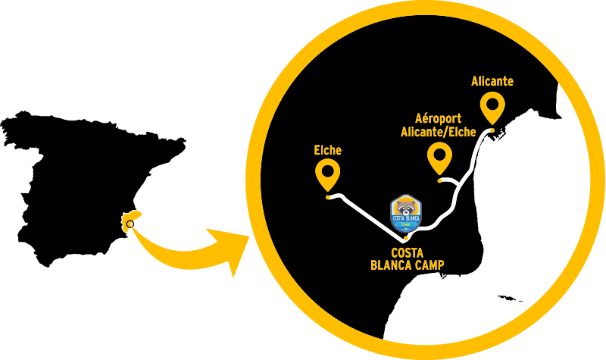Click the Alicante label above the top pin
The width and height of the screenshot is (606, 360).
point(492,81)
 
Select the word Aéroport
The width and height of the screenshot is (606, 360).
point(439,119)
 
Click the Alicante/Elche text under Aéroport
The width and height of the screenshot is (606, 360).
point(438,132)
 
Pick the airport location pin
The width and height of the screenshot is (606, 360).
point(439,157)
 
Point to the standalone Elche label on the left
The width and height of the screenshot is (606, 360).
point(328,150)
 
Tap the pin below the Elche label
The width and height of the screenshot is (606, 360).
point(328,174)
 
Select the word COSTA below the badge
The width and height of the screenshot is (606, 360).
point(406,252)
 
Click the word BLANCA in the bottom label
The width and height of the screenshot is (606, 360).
point(390,265)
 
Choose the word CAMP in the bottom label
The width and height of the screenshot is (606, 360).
point(428,265)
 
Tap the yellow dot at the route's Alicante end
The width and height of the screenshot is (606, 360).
point(492,131)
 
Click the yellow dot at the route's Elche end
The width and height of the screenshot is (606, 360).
point(327,197)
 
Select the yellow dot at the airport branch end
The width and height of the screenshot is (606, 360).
point(440,180)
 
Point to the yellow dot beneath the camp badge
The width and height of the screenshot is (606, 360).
point(406,239)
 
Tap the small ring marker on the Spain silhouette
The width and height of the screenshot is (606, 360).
point(131,224)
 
